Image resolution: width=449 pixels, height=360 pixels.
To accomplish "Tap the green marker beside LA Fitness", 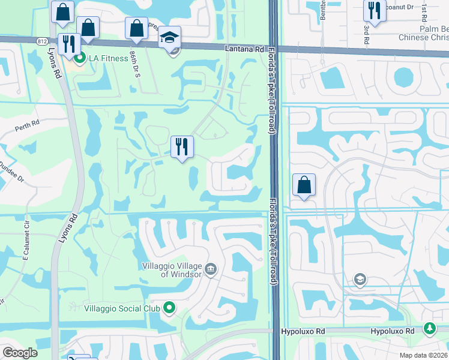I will (79, 58).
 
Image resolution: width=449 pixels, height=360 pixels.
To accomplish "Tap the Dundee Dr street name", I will (11, 170).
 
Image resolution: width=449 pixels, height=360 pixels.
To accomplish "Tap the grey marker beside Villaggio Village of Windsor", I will (211, 268).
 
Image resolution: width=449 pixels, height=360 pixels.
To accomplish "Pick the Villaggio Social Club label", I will (122, 308).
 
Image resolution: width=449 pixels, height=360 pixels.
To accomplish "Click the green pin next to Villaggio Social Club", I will (169, 308).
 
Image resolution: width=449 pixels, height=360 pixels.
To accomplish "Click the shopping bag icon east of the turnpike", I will (304, 185).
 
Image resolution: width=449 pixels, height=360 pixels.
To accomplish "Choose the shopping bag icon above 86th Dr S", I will (136, 28).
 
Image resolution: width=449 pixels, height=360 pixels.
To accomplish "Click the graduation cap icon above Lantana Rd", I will (170, 38).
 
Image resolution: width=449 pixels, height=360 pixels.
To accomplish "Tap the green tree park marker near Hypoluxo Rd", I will (430, 329).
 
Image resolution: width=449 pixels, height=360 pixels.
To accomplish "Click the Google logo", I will (20, 353).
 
